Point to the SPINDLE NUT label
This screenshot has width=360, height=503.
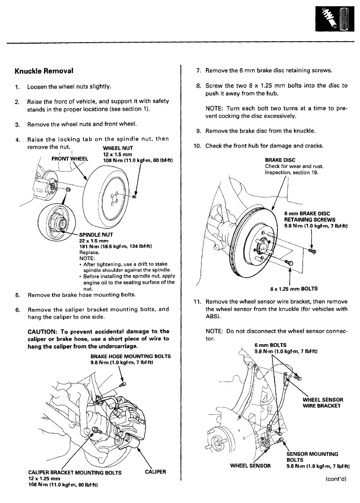[x=97, y=234]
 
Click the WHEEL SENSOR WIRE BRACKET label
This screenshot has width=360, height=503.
[x=323, y=403]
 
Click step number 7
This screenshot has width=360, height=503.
[x=198, y=71]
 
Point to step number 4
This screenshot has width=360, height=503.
[x=17, y=140]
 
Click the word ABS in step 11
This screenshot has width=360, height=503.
[x=213, y=316]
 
